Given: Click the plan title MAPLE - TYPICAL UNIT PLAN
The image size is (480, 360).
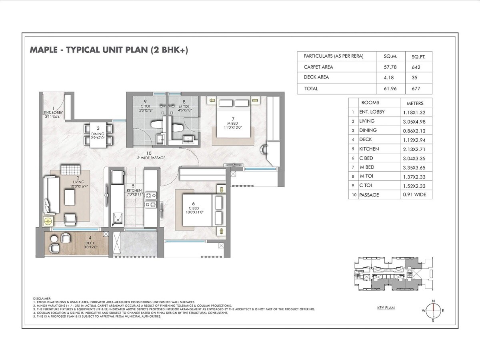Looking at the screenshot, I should (x=109, y=50).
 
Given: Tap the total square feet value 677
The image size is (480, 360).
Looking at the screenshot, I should (x=413, y=88).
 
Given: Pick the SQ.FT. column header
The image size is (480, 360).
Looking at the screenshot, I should (x=413, y=56).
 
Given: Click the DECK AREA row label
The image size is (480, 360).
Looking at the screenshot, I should (x=316, y=77).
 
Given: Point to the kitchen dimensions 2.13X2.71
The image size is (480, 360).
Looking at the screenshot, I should (x=414, y=149).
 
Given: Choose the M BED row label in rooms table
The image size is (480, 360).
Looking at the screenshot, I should (x=367, y=167).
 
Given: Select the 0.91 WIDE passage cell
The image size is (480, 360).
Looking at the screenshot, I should (x=414, y=195).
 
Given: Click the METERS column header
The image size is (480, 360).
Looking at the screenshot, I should (x=414, y=103).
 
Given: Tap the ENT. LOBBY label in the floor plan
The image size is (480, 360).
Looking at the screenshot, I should (x=52, y=112).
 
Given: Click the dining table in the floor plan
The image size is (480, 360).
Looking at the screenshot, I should (x=98, y=134).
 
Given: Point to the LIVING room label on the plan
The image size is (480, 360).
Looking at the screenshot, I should (x=73, y=180).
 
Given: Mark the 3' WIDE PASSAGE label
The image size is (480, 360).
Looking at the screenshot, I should (x=150, y=156).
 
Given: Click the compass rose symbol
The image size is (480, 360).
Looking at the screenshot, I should (x=433, y=310).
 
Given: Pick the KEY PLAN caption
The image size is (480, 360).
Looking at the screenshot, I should (x=386, y=308).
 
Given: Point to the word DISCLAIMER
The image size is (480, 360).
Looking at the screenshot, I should (x=42, y=298).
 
